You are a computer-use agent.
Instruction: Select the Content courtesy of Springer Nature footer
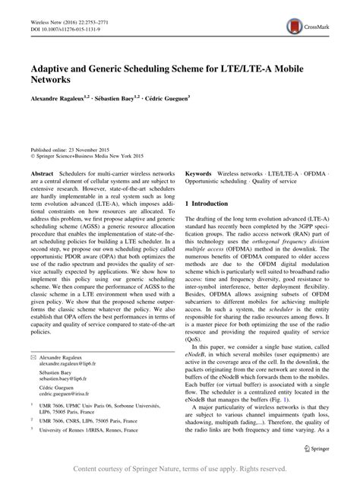pyautogui.click(x=180, y=470)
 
